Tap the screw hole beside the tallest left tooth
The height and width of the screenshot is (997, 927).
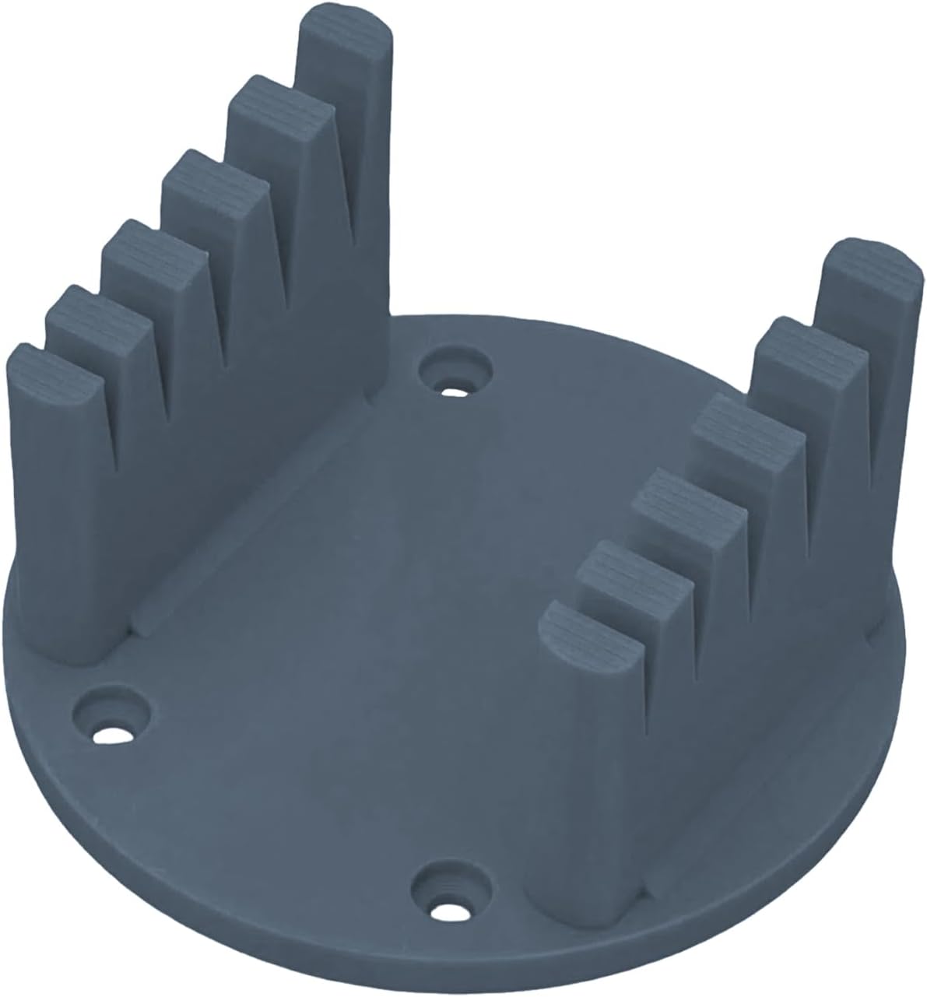tap(455, 369)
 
